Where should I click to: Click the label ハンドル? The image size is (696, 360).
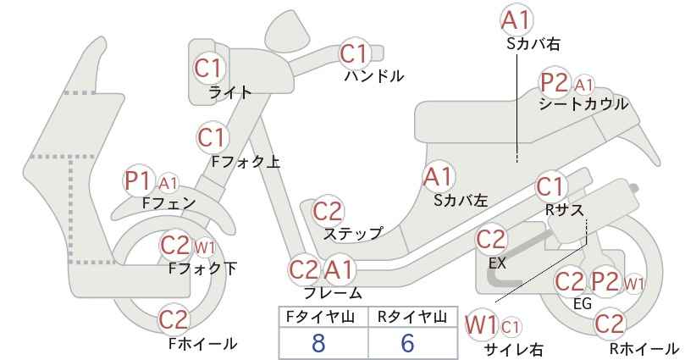click(374, 76)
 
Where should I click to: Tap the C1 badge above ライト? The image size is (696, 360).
click(208, 69)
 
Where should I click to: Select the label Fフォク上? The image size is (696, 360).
click(246, 162)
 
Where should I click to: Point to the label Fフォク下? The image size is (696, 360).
click(203, 269)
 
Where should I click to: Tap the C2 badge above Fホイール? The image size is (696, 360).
click(174, 319)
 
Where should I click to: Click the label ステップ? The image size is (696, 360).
click(353, 233)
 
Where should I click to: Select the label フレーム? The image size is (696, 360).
click(333, 293)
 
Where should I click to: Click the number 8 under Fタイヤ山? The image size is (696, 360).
click(318, 343)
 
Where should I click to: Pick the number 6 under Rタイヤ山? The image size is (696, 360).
click(407, 343)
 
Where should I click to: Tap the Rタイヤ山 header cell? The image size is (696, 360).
click(413, 317)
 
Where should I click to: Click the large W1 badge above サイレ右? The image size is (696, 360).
click(481, 325)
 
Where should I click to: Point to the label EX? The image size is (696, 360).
click(497, 263)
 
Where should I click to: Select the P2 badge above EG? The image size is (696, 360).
click(605, 281)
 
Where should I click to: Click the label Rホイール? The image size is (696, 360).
click(644, 348)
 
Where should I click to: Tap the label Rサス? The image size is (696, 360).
click(565, 210)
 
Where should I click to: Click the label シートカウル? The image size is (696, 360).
click(583, 104)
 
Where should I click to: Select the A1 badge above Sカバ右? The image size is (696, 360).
click(516, 20)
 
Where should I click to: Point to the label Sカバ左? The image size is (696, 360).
click(461, 201)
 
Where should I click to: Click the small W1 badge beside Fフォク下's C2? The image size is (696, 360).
click(205, 248)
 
